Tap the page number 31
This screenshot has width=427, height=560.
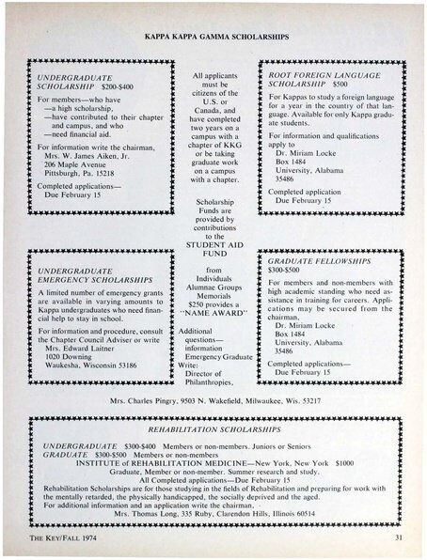[x=399, y=537]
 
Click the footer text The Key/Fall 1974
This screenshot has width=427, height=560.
[x=46, y=537]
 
